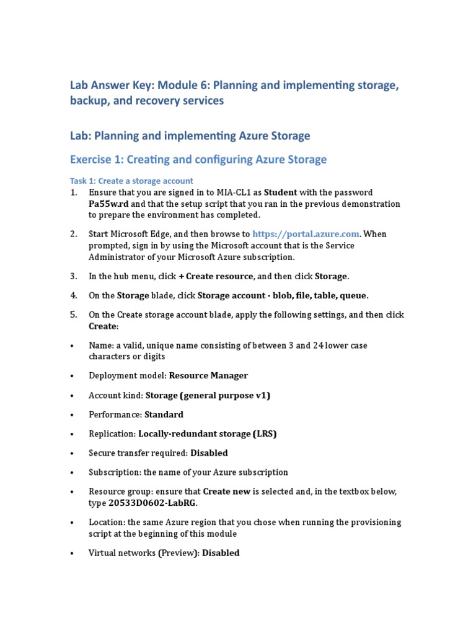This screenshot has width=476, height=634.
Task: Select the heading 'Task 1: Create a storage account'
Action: pyautogui.click(x=131, y=181)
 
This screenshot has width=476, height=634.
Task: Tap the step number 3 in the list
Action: pyautogui.click(x=73, y=276)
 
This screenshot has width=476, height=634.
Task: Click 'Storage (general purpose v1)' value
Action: pyautogui.click(x=208, y=395)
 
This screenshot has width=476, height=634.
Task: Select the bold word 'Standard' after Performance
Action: pyautogui.click(x=164, y=414)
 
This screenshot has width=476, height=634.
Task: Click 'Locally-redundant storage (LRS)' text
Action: pyautogui.click(x=207, y=433)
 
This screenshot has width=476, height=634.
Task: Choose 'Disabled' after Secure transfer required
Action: pyautogui.click(x=209, y=453)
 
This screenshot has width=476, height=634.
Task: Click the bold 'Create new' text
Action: pyautogui.click(x=227, y=491)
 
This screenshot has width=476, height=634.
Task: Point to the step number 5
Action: pyautogui.click(x=73, y=315)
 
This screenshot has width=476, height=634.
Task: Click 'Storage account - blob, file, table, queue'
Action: pyautogui.click(x=282, y=295)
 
